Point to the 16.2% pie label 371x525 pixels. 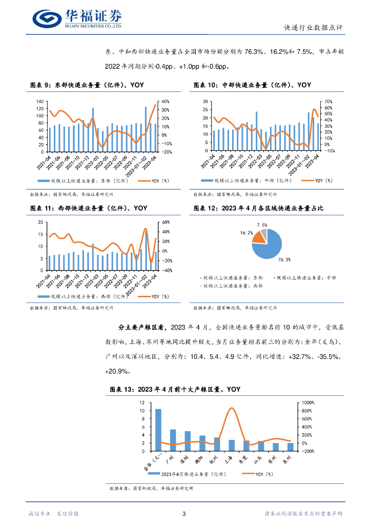[x=246, y=233]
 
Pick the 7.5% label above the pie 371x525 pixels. [x=262, y=225]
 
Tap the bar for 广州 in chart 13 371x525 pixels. [x=173, y=440]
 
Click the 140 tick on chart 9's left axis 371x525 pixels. [x=39, y=102]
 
